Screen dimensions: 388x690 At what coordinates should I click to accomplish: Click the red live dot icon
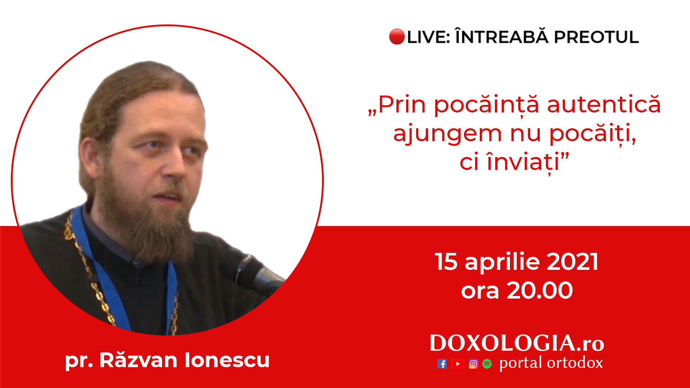[397, 37]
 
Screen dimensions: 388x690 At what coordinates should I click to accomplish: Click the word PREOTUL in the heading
[596, 37]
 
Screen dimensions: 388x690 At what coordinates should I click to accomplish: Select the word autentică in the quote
[604, 105]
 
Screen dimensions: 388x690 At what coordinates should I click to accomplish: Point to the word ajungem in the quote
[447, 134]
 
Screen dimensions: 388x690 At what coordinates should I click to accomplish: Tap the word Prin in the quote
[402, 105]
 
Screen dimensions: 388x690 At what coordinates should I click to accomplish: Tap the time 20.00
[539, 290]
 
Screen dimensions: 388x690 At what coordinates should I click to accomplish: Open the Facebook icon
[442, 364]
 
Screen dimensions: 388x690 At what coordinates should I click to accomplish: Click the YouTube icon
[457, 364]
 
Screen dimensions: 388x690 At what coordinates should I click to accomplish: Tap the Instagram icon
[473, 364]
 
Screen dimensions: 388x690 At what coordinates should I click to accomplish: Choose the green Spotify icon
[487, 364]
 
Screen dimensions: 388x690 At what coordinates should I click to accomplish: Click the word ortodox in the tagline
[575, 363]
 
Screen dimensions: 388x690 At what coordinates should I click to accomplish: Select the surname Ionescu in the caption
[227, 360]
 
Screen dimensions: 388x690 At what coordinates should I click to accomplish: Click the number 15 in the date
[446, 262]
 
